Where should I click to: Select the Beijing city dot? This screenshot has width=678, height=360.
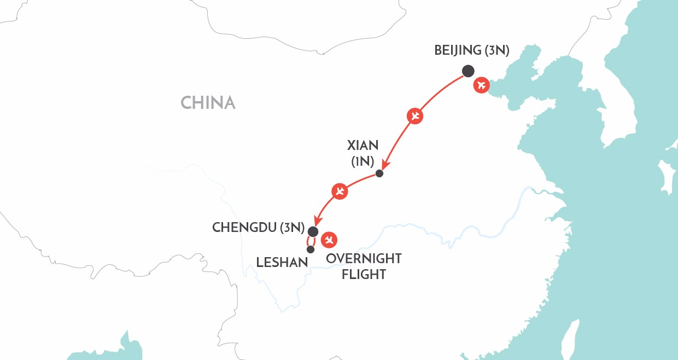[x=468, y=71]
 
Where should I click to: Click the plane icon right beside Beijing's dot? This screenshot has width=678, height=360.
[x=481, y=85]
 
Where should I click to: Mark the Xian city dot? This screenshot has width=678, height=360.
[x=379, y=174]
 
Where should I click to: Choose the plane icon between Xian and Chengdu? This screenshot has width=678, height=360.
[x=340, y=191]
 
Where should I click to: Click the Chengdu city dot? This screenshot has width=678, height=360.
[x=313, y=231]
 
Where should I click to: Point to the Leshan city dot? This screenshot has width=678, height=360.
[x=311, y=249]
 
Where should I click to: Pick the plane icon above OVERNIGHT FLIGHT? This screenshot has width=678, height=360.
[x=329, y=239]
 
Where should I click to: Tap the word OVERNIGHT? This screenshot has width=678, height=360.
[x=364, y=259]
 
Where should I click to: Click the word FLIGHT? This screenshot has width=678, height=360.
[x=364, y=274]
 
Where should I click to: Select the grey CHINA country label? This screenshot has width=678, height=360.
[x=208, y=103]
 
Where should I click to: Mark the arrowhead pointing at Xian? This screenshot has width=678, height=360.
[x=385, y=165]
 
